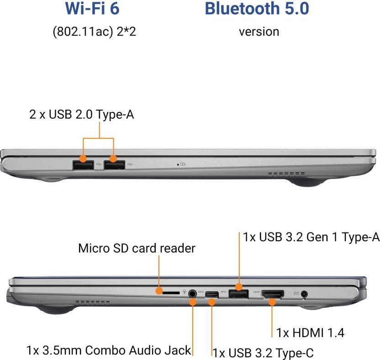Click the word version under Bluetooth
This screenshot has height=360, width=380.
(x=259, y=32)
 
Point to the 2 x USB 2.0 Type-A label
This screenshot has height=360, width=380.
(x=82, y=115)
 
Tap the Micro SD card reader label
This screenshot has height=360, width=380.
(x=137, y=248)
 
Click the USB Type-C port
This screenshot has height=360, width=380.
(x=212, y=294)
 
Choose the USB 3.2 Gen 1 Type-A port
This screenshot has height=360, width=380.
(x=238, y=294)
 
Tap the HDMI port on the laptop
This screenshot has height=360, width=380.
(x=272, y=295)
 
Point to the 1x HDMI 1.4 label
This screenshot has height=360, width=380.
(x=310, y=332)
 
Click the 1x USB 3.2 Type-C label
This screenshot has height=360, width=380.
(x=263, y=352)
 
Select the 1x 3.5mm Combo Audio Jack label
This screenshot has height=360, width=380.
(x=108, y=350)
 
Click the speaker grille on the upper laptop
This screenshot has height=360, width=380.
(x=286, y=174)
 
